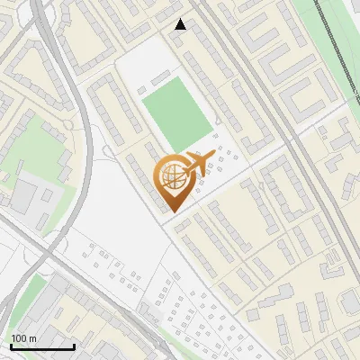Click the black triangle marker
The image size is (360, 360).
[181, 24]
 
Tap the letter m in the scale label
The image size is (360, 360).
[34, 339]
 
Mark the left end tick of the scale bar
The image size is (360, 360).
[11, 346]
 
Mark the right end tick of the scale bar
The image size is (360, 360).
[74, 346]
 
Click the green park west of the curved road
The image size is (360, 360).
[36, 144]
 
